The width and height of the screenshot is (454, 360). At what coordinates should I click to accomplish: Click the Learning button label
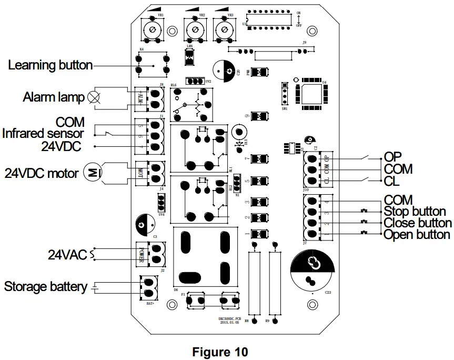click(x=51, y=66)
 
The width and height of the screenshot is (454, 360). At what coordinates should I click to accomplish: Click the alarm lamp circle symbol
click(x=94, y=97)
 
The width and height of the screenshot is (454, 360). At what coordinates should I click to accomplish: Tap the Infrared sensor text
click(x=43, y=134)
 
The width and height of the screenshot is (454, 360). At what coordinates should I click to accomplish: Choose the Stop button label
click(x=415, y=212)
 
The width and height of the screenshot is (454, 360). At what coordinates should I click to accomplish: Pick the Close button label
click(x=418, y=223)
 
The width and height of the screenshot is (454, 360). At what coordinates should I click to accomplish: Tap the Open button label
click(x=417, y=235)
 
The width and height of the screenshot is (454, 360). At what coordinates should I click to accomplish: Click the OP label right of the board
click(x=392, y=157)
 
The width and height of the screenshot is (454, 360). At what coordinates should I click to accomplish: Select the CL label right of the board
click(x=392, y=182)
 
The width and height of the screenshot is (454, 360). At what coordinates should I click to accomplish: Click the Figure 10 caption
click(x=220, y=352)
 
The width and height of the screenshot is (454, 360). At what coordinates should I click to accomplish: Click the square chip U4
click(x=311, y=96)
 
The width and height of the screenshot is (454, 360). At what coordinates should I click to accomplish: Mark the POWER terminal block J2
click(x=150, y=253)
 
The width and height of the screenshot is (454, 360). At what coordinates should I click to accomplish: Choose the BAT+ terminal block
click(x=148, y=287)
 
